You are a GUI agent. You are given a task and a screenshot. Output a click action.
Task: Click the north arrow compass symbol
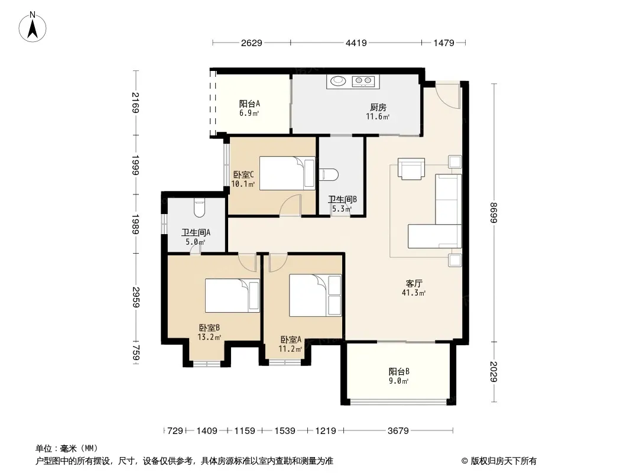pyautogui.click(x=33, y=27)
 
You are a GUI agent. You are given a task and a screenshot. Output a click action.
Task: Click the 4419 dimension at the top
pyautogui.click(x=356, y=43)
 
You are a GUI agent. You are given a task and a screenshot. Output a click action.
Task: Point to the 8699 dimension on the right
pyautogui.click(x=494, y=213)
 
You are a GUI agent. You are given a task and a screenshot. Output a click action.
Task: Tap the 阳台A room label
pyautogui.click(x=249, y=103)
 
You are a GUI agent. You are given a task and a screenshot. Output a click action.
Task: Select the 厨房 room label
pyautogui.click(x=378, y=107)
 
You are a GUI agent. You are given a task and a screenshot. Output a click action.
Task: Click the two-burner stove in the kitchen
pyautogui.click(x=363, y=82)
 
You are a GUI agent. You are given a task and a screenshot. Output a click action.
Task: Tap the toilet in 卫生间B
pyautogui.click(x=329, y=174)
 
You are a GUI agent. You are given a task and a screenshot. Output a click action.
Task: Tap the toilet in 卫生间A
pyautogui.click(x=200, y=208)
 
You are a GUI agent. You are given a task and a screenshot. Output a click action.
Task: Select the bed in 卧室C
pyautogui.click(x=287, y=173)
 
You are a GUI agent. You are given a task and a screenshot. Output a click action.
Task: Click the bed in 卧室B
pyautogui.click(x=232, y=296)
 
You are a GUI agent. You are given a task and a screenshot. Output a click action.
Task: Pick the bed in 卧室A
pyautogui.click(x=316, y=296)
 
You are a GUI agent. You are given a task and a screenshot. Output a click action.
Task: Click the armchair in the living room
pyautogui.click(x=411, y=169)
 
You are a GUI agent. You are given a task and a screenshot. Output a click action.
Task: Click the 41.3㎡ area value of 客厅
pyautogui.click(x=414, y=293)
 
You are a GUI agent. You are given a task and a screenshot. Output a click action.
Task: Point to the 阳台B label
pyautogui.click(x=399, y=372)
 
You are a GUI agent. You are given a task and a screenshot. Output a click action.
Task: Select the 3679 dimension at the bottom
pyautogui.click(x=398, y=431)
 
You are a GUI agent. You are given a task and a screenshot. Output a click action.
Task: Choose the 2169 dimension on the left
pyautogui.click(x=136, y=102)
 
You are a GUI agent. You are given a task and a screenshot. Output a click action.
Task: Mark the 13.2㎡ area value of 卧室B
pyautogui.click(x=209, y=337)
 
